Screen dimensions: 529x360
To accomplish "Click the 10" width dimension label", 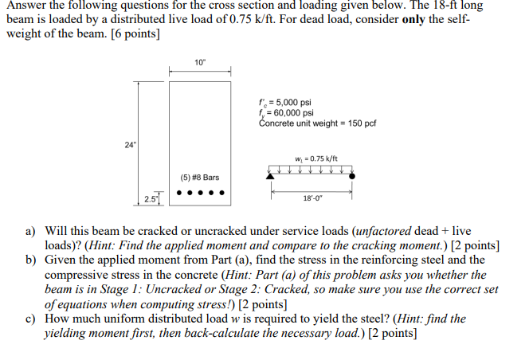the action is pyautogui.click(x=199, y=62).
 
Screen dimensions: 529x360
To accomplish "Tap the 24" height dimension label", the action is pyautogui.click(x=130, y=144).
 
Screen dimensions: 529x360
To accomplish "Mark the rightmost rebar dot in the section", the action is pyautogui.click(x=221, y=192).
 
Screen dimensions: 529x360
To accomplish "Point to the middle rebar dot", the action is pyautogui.click(x=199, y=192).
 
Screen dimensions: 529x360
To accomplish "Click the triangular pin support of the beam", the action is pyautogui.click(x=272, y=175).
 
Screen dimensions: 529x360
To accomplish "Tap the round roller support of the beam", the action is pyautogui.click(x=351, y=175).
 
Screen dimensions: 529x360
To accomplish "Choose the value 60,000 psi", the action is pyautogui.click(x=291, y=113).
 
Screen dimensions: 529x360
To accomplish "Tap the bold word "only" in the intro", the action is pyautogui.click(x=409, y=20).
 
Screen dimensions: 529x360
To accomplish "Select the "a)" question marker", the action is pyautogui.click(x=33, y=229).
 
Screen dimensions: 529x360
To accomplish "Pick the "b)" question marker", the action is pyautogui.click(x=33, y=260).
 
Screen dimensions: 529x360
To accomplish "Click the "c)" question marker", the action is pyautogui.click(x=33, y=319).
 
